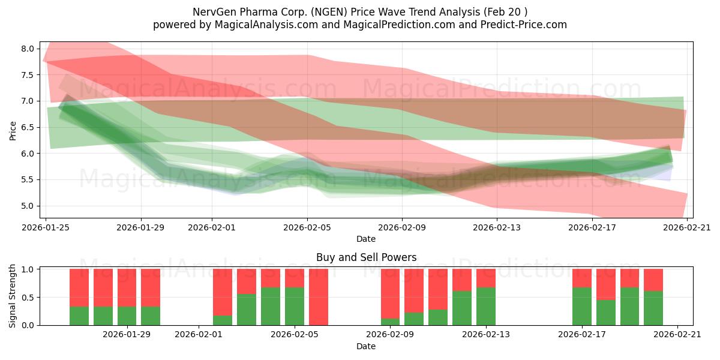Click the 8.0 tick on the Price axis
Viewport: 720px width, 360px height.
(x=29, y=49)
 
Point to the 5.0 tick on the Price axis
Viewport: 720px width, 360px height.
(x=29, y=206)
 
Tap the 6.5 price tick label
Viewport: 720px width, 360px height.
(x=29, y=127)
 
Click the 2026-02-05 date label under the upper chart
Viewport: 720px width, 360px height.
(x=307, y=227)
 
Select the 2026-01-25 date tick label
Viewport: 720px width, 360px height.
(x=46, y=227)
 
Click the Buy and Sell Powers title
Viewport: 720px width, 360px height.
(x=366, y=258)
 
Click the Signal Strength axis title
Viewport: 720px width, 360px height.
(x=13, y=296)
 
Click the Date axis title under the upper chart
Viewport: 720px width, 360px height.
(x=366, y=239)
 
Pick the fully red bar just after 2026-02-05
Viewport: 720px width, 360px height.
(x=319, y=297)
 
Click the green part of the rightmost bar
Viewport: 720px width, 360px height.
(x=653, y=308)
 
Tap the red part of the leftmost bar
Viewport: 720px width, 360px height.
(x=79, y=287)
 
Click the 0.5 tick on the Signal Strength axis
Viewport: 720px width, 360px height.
(x=29, y=297)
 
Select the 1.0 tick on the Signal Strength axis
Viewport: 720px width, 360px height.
(x=29, y=269)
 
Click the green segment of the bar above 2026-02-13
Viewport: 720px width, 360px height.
(x=486, y=306)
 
